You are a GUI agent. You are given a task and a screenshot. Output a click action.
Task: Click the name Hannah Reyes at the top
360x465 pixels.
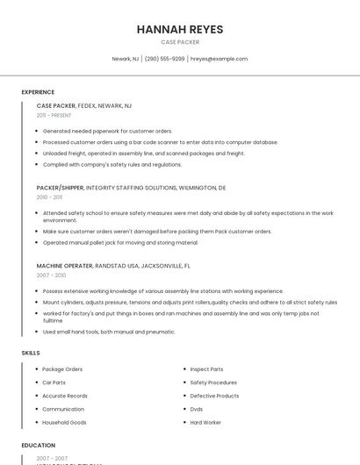(180, 29)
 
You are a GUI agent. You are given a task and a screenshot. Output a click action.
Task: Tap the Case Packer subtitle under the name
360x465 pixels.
(180, 42)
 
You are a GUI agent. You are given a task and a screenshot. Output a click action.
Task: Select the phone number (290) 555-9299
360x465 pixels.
(165, 59)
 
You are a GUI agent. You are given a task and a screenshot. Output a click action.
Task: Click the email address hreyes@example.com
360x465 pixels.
(220, 59)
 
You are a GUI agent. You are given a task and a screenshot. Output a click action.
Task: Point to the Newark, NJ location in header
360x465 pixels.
(125, 59)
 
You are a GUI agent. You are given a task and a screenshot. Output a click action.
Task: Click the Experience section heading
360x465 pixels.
(38, 92)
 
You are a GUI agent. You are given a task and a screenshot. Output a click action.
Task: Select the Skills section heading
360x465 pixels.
(31, 353)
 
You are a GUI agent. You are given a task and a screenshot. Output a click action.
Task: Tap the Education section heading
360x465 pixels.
(39, 445)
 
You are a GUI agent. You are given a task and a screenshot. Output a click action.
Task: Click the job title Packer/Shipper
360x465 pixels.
(60, 188)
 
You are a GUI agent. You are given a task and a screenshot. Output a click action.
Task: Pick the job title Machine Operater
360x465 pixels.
(64, 265)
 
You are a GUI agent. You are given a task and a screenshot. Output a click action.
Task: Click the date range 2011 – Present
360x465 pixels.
(54, 115)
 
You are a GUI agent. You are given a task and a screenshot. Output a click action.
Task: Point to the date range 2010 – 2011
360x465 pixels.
(49, 197)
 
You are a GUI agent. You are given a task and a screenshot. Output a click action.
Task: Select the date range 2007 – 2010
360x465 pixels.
(49, 275)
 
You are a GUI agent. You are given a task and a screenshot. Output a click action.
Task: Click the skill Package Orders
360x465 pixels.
(62, 369)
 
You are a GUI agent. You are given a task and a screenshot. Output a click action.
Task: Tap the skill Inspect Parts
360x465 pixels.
(206, 369)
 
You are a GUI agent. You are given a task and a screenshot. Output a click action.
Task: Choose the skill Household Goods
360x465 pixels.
(64, 422)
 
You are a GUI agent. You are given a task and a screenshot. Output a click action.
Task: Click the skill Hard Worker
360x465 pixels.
(205, 422)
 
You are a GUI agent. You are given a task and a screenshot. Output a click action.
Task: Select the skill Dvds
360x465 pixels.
(197, 409)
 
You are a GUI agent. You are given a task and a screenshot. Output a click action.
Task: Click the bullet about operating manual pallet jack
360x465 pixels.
(120, 242)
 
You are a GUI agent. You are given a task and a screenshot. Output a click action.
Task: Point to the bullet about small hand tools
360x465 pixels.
(109, 332)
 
